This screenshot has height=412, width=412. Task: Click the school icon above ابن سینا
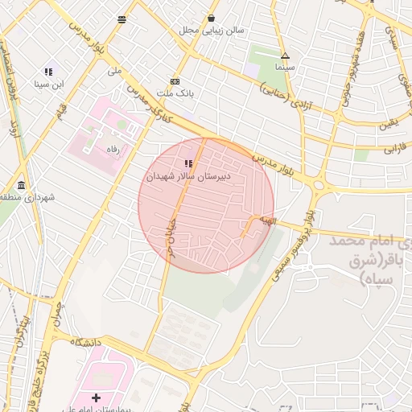point(48,72)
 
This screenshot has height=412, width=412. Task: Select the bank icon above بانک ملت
point(175,81)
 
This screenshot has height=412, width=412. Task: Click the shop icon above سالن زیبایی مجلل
point(211,19)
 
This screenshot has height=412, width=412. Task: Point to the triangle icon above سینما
point(285,56)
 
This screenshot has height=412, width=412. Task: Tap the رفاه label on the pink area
point(109,150)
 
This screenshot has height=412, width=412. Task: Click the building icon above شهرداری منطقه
point(19,185)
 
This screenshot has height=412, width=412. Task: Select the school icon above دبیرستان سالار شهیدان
point(189,163)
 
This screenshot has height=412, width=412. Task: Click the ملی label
point(114,71)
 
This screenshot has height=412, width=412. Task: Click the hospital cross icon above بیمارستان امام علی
point(97,398)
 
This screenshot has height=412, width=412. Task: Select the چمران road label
point(56,315)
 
